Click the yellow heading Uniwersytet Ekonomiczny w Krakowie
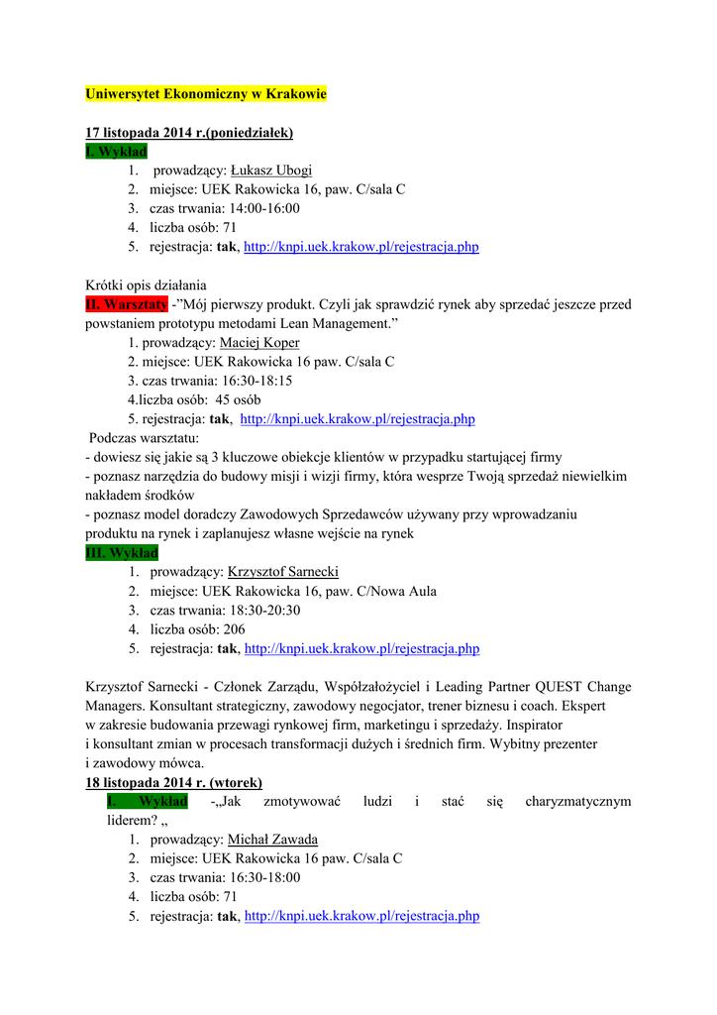[x=205, y=94]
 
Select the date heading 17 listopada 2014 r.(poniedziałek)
[x=189, y=132]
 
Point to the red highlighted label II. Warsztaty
[x=127, y=305]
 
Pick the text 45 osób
[x=238, y=399]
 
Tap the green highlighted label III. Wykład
[x=122, y=553]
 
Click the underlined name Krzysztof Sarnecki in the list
[x=283, y=572]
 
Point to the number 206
[x=234, y=629]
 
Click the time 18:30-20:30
[x=265, y=611]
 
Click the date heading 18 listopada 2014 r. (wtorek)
[x=174, y=782]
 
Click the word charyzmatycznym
[x=578, y=801]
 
